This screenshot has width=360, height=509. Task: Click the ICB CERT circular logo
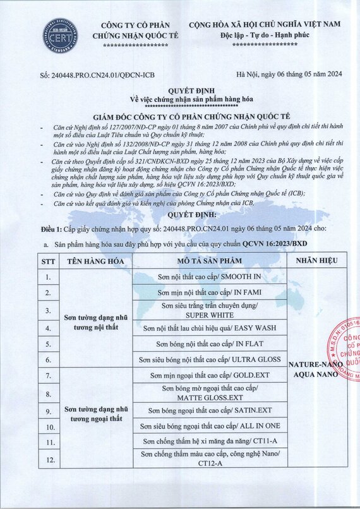(x=59, y=37)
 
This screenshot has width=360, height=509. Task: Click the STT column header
(x=47, y=260)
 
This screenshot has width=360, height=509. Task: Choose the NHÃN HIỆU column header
(x=316, y=260)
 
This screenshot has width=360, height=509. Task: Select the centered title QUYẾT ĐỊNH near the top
(x=179, y=90)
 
